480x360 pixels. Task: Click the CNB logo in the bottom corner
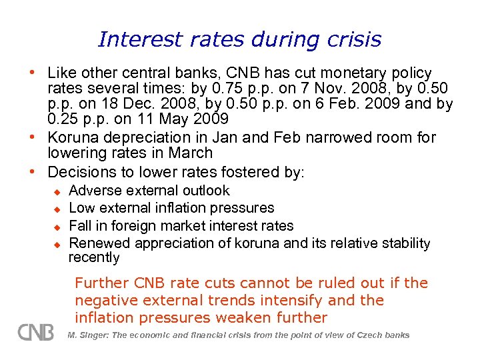click(36, 331)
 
